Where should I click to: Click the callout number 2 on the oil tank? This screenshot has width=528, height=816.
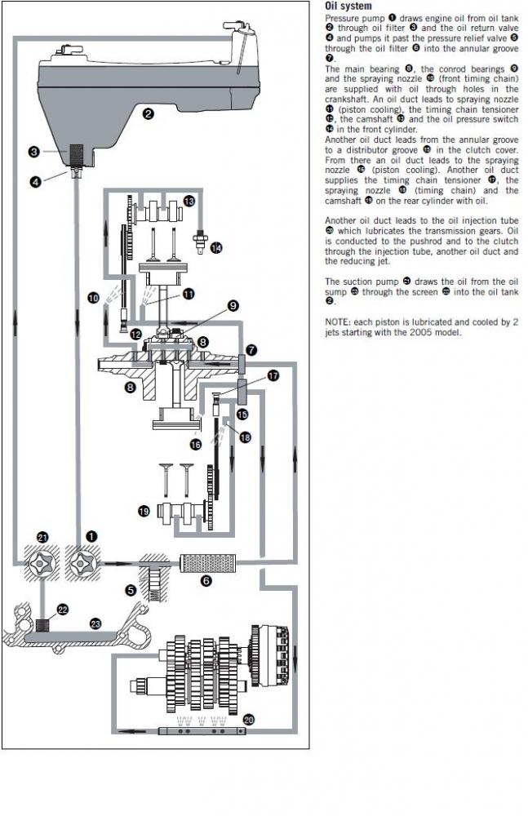[x=149, y=113]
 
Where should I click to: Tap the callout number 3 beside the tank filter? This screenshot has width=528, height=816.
[x=33, y=152]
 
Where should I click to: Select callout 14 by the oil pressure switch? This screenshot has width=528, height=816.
[x=215, y=248]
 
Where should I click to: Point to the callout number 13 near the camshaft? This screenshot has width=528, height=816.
[x=189, y=201]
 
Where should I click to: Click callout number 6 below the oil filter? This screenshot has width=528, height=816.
[x=206, y=580]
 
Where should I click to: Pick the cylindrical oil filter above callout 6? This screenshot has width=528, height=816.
[x=207, y=563]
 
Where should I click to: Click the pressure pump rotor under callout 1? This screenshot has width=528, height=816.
[x=82, y=563]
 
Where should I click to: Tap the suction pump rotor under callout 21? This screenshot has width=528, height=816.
[x=41, y=563]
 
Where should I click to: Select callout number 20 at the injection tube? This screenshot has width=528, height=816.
[x=248, y=720]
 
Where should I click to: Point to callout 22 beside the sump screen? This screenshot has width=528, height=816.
[x=63, y=610]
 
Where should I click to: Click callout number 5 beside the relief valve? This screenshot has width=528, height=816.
[x=131, y=590]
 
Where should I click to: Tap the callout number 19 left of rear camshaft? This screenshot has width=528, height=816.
[x=144, y=511]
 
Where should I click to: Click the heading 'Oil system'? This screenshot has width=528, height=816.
[x=348, y=7]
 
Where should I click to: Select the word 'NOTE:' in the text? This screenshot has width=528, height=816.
[x=337, y=322]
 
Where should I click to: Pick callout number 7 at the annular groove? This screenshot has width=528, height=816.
[x=251, y=350]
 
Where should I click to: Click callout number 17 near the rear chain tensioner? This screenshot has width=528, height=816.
[x=273, y=375]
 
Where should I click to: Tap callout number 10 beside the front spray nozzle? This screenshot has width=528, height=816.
[x=93, y=298]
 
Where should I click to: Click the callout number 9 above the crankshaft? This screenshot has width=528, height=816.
[x=233, y=305]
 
